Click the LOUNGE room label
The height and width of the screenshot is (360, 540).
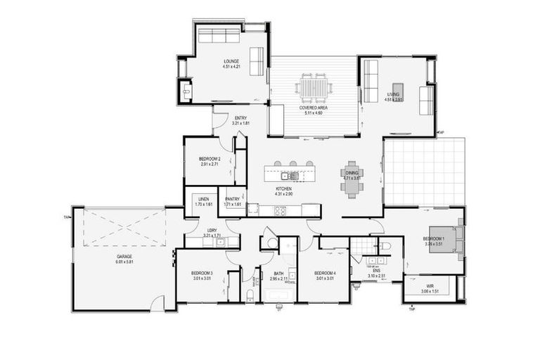tap(231, 61)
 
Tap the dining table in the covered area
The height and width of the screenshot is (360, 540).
tap(312, 89)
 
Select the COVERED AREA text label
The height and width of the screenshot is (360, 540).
tap(312, 108)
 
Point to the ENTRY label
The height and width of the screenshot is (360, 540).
tap(240, 117)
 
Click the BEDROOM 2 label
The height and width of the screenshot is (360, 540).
tap(210, 159)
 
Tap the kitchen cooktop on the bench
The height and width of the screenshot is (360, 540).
tap(280, 210)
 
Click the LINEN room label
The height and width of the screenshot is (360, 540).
tap(204, 198)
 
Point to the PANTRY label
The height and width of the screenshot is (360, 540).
tap(233, 198)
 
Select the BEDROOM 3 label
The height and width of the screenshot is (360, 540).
tap(202, 273)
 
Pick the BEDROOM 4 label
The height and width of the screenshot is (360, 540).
tap(324, 273)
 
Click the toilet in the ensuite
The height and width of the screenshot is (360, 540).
tap(385, 247)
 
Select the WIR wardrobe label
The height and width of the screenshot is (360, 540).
tap(429, 285)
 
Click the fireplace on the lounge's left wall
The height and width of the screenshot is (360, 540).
tap(185, 91)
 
